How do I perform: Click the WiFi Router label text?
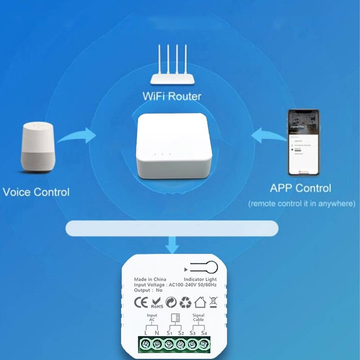pyautogui.click(x=171, y=96)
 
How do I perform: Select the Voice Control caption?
pyautogui.click(x=36, y=192)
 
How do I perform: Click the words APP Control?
pyautogui.click(x=300, y=188)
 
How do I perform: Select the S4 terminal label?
pyautogui.click(x=204, y=333)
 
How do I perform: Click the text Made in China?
pyautogui.click(x=150, y=279)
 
